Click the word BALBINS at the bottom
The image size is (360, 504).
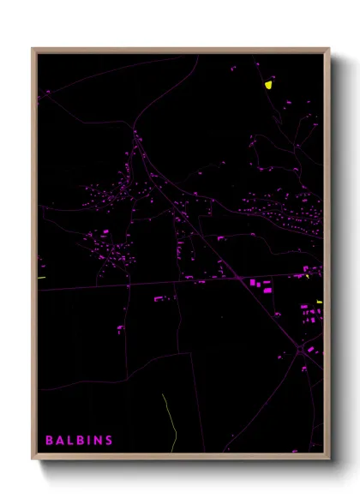[79, 441]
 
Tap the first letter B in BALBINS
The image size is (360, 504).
[49, 441]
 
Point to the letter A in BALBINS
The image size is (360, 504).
[59, 441]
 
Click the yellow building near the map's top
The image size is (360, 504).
[268, 85]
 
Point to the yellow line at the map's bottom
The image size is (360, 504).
[169, 420]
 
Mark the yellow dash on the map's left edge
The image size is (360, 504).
[41, 278]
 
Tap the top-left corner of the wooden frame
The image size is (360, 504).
[33, 50]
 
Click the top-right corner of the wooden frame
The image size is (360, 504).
[328, 50]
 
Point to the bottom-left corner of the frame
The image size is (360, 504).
[33, 458]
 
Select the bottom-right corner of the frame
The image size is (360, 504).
[328, 458]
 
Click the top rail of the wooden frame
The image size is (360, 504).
[180, 51]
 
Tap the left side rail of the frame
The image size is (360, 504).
[34, 257]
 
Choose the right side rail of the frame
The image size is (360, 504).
[327, 257]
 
